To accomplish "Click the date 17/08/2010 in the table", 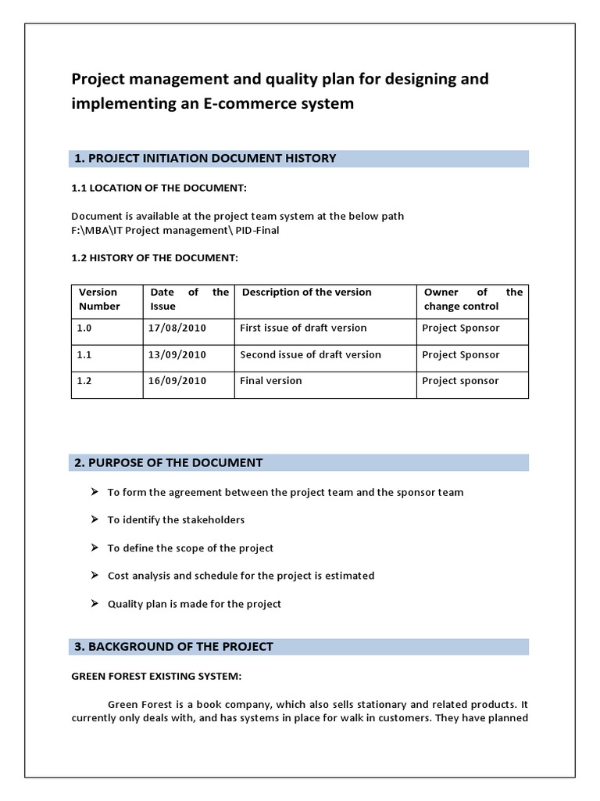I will pos(177,328).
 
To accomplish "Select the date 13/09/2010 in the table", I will pos(177,354).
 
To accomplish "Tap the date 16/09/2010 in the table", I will pos(177,381).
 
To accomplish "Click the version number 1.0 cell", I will pos(84,328).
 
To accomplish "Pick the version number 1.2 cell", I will pos(84,381).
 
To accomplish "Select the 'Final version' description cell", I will pos(270,381).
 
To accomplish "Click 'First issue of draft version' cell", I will pos(303,328).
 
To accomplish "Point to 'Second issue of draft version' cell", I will pos(310,354).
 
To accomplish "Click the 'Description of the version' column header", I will pos(307,293).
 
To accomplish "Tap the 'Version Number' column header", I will pos(99,300).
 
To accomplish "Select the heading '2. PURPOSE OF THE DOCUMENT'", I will pos(169,462).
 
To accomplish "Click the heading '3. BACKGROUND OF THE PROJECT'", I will pos(173,646).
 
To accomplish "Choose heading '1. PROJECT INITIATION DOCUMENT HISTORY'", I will pos(205,158).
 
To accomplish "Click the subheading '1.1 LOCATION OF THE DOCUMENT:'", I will pos(159,189).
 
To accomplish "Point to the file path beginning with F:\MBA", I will pos(175,230).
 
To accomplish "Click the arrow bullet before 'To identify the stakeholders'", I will pos(94,519).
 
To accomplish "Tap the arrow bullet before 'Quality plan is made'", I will pos(94,604).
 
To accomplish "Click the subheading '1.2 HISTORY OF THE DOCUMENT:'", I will pos(155,257).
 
